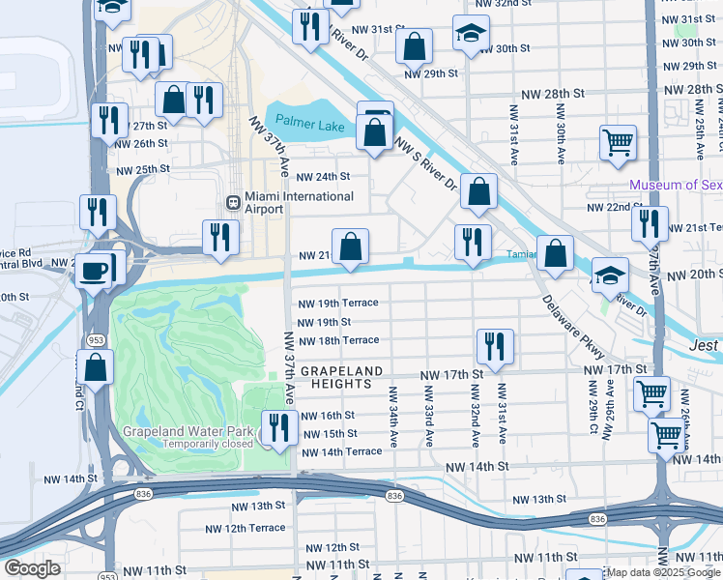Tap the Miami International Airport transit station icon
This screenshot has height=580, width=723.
click(x=232, y=203)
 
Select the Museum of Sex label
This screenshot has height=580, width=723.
click(x=676, y=185)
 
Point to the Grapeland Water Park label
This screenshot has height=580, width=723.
click(x=188, y=431)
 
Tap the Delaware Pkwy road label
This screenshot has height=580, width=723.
click(x=571, y=327)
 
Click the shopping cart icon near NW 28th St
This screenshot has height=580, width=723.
click(x=618, y=143)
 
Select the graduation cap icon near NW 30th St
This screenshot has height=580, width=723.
click(x=471, y=34)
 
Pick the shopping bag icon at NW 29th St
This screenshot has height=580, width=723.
click(x=414, y=45)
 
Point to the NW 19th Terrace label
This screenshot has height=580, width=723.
click(x=337, y=303)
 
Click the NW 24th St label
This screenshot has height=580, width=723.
click(x=322, y=177)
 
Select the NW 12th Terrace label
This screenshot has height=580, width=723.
click(x=245, y=528)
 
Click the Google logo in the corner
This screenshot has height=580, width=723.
click(x=32, y=568)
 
